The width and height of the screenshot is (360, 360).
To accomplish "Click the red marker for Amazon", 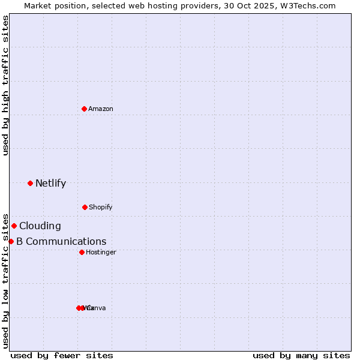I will click(84, 109).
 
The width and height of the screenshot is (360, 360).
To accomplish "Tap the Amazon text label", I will click(101, 109).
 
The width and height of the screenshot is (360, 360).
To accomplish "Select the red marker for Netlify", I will click(30, 183).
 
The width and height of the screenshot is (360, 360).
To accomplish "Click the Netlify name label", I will click(50, 184).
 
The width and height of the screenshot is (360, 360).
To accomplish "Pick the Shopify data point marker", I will click(85, 207).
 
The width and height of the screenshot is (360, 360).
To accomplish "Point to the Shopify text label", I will click(101, 208).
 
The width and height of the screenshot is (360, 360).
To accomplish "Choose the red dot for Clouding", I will click(14, 226).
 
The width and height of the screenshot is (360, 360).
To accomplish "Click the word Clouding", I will click(40, 226).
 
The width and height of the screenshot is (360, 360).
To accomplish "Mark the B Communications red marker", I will click(11, 241).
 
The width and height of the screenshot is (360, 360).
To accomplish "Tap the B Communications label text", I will click(61, 242).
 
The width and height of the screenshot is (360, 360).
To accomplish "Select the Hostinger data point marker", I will click(82, 252).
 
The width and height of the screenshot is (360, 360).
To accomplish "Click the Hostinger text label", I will click(101, 253).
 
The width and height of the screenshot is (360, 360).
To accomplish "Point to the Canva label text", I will click(97, 308).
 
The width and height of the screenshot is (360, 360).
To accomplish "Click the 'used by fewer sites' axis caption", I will click(62, 355).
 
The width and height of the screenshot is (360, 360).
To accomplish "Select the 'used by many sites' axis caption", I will click(301, 355).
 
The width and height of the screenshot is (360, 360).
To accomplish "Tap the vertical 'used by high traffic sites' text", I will click(5, 85).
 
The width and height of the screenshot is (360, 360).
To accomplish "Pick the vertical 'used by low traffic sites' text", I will click(5, 281).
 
